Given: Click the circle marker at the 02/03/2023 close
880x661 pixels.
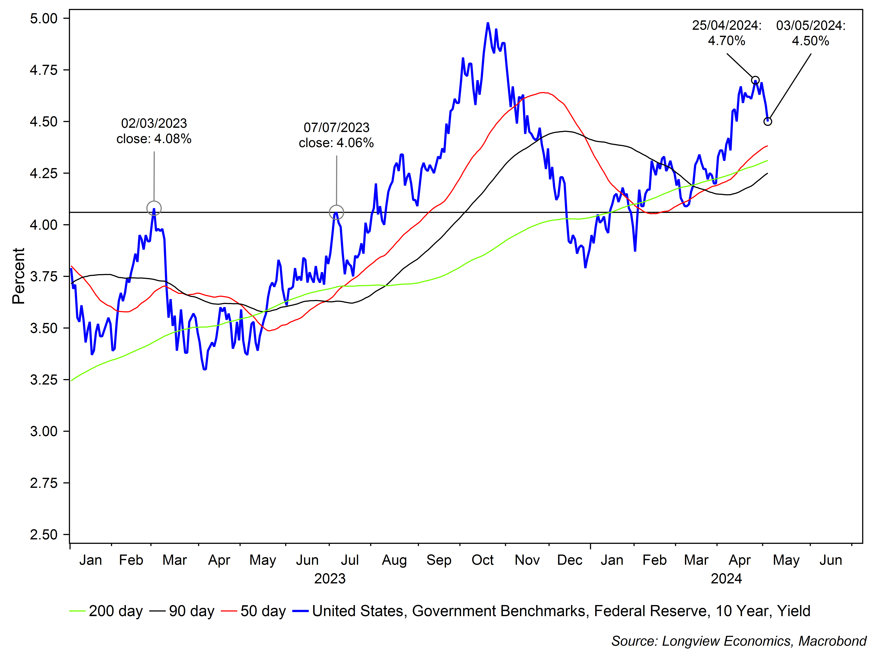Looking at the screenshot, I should click(154, 208).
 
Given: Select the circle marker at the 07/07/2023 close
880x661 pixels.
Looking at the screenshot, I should click(337, 212).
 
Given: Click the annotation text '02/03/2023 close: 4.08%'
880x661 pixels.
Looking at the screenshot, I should click(154, 131).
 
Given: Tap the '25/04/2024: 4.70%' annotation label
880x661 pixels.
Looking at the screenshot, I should click(726, 33).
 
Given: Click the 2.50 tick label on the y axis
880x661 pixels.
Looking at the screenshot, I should click(44, 534).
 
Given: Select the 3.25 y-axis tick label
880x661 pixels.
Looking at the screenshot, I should click(44, 380).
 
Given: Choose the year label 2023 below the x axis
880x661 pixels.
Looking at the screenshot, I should click(330, 578).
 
